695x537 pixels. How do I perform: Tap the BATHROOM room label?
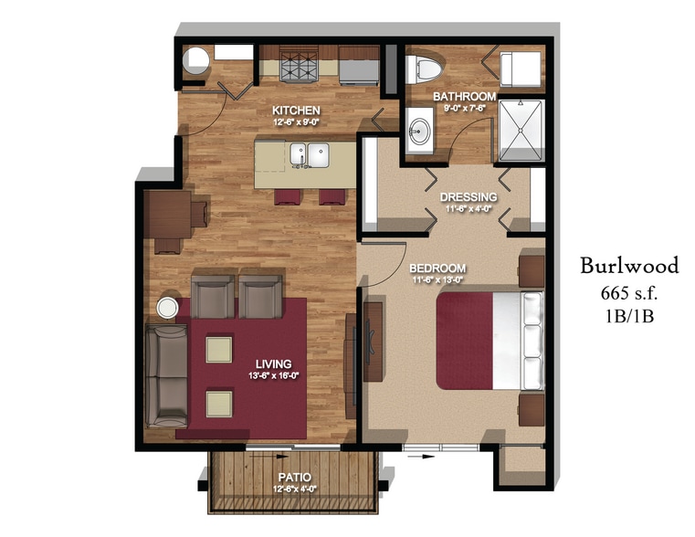[x=464, y=96]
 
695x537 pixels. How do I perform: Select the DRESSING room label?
[x=469, y=196]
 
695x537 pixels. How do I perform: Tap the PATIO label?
[x=293, y=477]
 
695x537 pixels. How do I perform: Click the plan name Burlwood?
[x=629, y=266]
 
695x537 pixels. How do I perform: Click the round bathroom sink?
[x=421, y=129]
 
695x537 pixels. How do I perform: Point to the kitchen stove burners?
[x=302, y=66]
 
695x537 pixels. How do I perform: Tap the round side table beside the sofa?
[x=170, y=307]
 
